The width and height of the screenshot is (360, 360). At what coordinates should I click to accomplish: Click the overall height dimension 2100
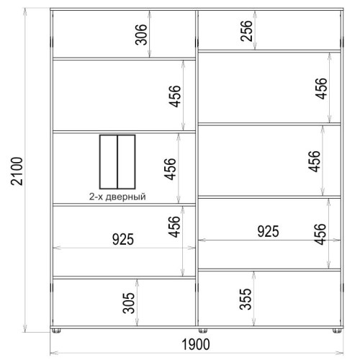coord(17,171)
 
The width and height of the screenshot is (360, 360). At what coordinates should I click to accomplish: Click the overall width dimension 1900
coord(196,344)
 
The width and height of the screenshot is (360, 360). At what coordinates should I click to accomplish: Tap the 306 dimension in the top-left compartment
coord(141,35)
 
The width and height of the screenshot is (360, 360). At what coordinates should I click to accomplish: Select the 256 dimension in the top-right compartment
coord(246,31)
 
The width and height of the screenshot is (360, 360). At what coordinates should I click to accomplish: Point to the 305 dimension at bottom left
coord(129,303)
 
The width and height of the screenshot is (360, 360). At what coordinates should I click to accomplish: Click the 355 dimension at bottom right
coord(246,299)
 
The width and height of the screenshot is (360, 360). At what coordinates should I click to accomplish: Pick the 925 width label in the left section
coord(123,239)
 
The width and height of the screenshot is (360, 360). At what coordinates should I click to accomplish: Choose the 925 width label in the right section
coord(268,231)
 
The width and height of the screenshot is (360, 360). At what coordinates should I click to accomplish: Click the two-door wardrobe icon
coord(117,162)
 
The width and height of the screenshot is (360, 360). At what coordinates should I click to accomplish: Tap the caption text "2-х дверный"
coord(117,197)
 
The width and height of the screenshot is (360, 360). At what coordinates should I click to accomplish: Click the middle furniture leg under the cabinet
coord(203,330)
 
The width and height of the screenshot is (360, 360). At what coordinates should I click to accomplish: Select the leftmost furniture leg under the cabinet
coord(56,330)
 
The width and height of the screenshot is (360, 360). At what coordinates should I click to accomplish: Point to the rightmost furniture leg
coord(337,330)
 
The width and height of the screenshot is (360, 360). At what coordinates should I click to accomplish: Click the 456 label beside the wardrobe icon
coord(170,169)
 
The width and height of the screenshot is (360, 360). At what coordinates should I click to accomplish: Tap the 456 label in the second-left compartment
coord(174,96)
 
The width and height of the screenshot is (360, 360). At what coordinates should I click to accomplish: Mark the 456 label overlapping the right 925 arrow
coord(320,234)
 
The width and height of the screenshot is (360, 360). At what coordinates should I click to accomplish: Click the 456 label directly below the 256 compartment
coord(321,89)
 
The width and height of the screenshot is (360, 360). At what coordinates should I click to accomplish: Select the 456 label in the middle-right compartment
coord(314,161)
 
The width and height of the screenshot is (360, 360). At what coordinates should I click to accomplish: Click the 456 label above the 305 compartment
coord(174,227)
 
